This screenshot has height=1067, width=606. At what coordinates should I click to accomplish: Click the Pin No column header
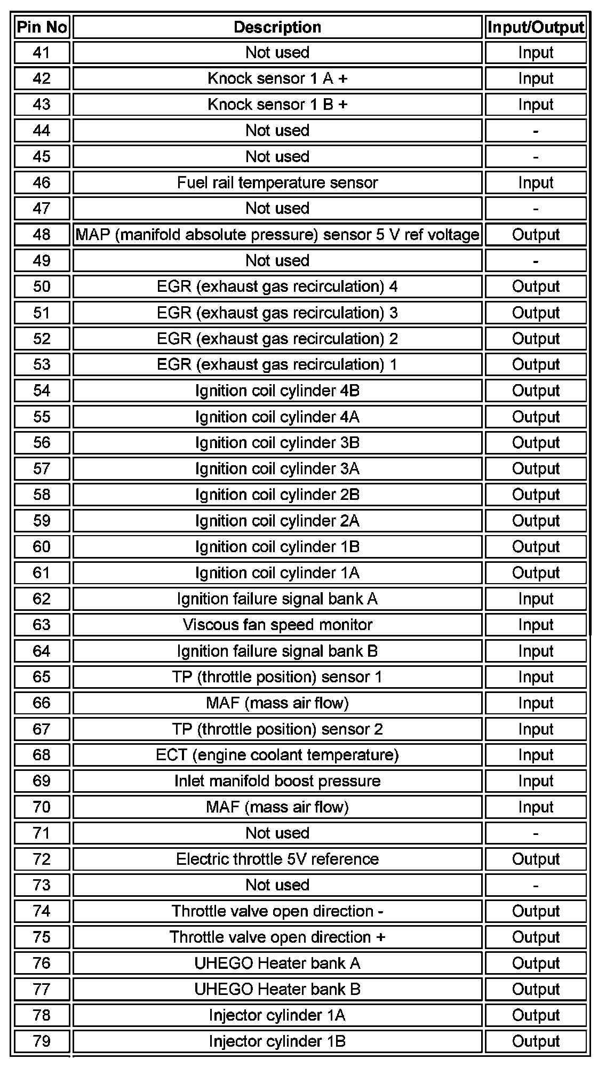tap(42, 27)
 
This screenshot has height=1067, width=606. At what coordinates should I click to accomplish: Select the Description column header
tap(277, 27)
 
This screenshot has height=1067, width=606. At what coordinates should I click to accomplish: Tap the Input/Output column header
tap(536, 27)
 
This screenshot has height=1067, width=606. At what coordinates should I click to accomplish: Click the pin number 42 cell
tap(42, 78)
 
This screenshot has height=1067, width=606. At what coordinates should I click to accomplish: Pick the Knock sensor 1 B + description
tap(277, 105)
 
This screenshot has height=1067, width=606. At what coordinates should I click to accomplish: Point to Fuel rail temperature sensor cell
tap(277, 182)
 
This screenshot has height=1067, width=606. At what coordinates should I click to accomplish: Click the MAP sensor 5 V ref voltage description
tap(277, 235)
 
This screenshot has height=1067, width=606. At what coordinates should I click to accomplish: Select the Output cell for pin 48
tap(536, 235)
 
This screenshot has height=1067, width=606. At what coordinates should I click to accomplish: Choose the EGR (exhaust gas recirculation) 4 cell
tap(277, 286)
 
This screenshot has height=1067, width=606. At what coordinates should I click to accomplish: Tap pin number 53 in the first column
tap(42, 364)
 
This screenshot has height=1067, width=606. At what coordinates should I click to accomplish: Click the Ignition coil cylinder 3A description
tap(277, 469)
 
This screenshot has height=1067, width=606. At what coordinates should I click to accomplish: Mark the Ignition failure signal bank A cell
tap(277, 599)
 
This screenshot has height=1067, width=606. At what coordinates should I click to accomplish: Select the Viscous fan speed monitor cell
tap(277, 625)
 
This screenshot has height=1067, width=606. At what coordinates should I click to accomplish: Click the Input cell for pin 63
tap(536, 625)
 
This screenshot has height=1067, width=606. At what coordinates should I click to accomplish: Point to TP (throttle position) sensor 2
tap(277, 729)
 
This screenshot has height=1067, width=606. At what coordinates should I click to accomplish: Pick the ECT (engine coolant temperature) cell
tap(277, 755)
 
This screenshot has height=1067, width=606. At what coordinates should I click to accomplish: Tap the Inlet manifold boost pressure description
tap(277, 781)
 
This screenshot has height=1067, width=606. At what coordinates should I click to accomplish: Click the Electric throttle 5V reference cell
tap(277, 859)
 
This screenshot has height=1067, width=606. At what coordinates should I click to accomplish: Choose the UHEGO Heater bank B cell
tap(277, 989)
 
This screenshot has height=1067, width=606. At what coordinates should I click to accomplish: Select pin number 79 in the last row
tap(42, 1041)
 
